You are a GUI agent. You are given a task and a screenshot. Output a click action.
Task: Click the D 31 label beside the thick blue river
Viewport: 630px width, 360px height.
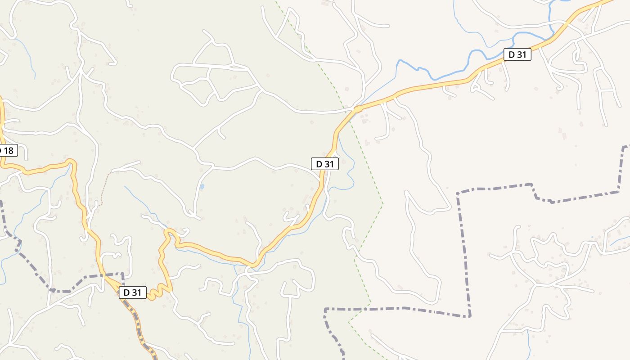coord(517,55)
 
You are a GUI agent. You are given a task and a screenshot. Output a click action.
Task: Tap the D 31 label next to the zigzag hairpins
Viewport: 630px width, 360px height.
coord(133,292)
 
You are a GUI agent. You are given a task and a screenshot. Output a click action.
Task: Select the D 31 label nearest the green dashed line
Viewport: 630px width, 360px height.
coord(324,164)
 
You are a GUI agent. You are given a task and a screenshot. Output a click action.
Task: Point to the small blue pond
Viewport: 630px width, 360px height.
coord(202,186)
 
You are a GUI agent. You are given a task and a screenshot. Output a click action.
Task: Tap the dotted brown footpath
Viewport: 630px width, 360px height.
coord(104,189)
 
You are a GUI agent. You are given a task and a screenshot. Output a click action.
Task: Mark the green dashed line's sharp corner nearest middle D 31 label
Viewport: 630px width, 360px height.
coord(382,204)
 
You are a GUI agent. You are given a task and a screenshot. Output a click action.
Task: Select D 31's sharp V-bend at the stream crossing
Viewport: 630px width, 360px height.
coord(253,265)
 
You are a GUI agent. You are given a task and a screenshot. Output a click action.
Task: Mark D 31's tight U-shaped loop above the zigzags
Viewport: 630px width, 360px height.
coord(169,232)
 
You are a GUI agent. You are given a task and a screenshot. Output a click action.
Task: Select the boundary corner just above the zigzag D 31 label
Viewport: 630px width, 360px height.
coord(122,273)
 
